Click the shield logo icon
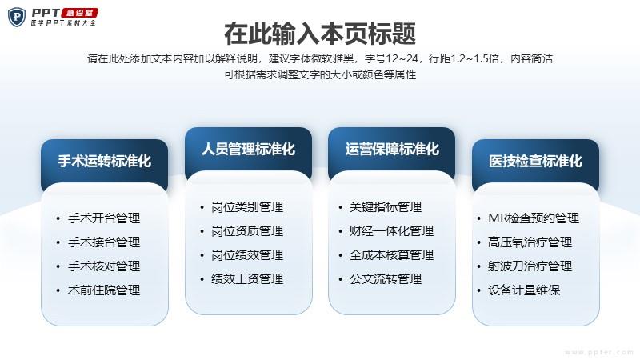(17, 17)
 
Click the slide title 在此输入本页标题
(319, 34)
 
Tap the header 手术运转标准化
(105, 161)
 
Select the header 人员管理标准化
(248, 149)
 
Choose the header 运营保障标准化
(392, 149)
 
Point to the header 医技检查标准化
(535, 161)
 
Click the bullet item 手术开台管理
(104, 218)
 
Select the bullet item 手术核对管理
(104, 266)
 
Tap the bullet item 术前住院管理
(104, 290)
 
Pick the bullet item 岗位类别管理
(247, 207)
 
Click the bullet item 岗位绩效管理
(247, 255)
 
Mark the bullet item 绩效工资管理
(247, 279)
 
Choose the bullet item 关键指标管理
(386, 207)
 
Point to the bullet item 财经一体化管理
(392, 231)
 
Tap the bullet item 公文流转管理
(386, 279)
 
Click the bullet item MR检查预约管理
(534, 218)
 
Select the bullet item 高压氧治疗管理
(530, 242)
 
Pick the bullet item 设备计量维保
(524, 290)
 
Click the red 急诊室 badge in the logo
(79, 13)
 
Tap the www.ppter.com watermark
(598, 352)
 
